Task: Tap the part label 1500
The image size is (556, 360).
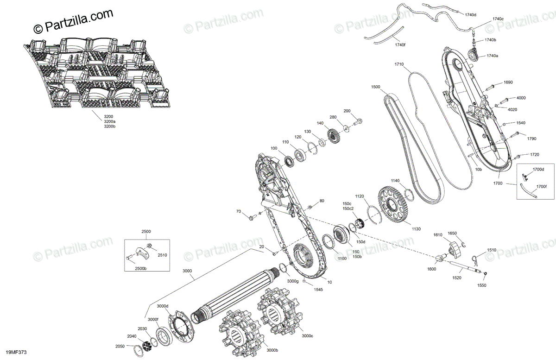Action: (376, 87)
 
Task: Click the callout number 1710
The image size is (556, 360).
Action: (399, 64)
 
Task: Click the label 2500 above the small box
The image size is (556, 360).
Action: (146, 231)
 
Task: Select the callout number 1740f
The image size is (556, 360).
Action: (400, 44)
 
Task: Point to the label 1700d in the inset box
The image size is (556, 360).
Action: (538, 170)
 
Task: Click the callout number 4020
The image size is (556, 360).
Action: (512, 109)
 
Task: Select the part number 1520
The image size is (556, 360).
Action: (456, 278)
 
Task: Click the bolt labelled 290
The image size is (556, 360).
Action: (360, 122)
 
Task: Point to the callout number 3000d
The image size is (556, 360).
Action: (163, 306)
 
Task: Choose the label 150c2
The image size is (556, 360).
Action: (347, 209)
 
